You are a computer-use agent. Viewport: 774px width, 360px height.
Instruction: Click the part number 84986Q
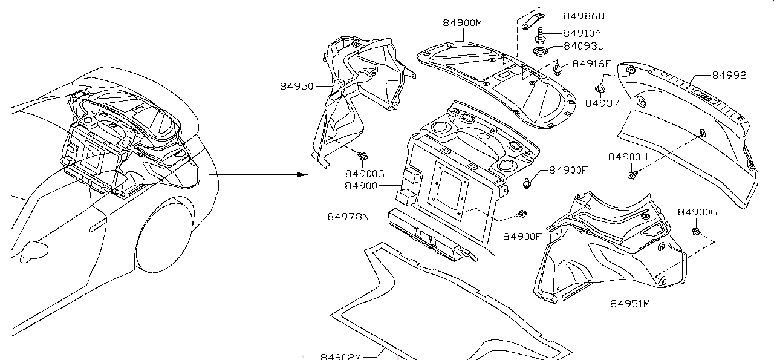pyautogui.click(x=584, y=17)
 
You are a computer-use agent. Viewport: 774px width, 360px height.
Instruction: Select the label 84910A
pyautogui.click(x=582, y=33)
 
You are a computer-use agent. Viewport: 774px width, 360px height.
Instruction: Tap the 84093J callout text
pyautogui.click(x=584, y=47)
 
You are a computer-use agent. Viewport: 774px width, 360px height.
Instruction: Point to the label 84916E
pyautogui.click(x=591, y=64)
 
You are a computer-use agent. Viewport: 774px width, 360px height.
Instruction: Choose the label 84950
pyautogui.click(x=296, y=87)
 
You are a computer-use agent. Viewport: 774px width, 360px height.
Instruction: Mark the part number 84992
pyautogui.click(x=729, y=76)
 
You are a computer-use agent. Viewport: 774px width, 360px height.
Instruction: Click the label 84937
pyautogui.click(x=602, y=103)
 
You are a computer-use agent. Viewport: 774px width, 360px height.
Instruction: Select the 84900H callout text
pyautogui.click(x=628, y=157)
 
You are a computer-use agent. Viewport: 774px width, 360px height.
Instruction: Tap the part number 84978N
pyautogui.click(x=349, y=216)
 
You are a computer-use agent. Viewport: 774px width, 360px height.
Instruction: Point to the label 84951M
pyautogui.click(x=629, y=304)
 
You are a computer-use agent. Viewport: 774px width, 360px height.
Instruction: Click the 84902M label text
pyautogui.click(x=340, y=356)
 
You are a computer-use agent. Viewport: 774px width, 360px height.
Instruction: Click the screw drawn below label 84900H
pyautogui.click(x=633, y=175)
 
